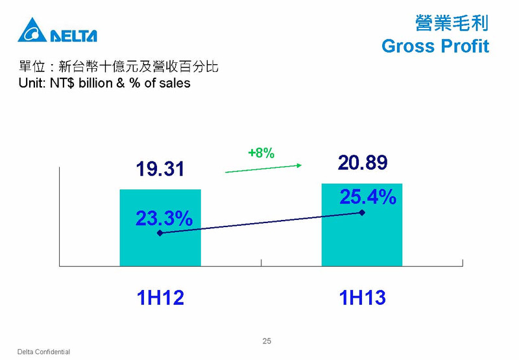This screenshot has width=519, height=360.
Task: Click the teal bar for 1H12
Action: coord(160,228)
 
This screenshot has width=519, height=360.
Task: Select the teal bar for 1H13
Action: coord(362,224)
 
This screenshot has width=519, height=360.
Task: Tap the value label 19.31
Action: coord(160,169)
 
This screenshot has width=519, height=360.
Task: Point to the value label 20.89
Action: coord(363,162)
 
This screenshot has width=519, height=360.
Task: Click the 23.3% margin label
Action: coord(164,219)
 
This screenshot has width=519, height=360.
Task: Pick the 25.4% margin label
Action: coord(368,197)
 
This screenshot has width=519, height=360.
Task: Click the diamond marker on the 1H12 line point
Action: coord(160,233)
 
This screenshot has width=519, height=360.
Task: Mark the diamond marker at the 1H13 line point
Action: coord(362,212)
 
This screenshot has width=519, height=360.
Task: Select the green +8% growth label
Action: coord(261,153)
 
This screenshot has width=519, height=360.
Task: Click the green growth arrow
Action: coord(263,169)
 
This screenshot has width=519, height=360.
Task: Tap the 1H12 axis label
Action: coord(160,298)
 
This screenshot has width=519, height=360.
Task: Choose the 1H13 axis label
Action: coord(363,298)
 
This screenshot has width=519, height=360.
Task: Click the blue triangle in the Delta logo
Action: coord(32,30)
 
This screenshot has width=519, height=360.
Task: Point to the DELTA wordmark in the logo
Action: coord(73,36)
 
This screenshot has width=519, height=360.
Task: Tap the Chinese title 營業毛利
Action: coord(452,23)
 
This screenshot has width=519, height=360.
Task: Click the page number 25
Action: coord(267,341)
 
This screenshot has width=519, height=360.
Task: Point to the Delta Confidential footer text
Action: coord(43,352)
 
